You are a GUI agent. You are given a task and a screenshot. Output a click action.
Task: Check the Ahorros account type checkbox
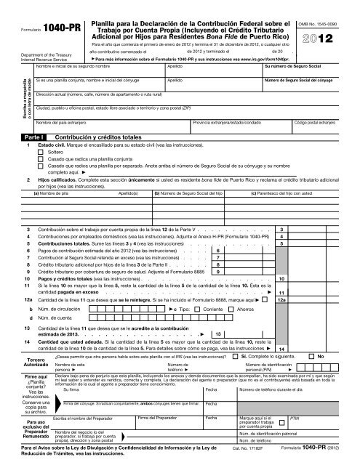click(231, 309)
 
